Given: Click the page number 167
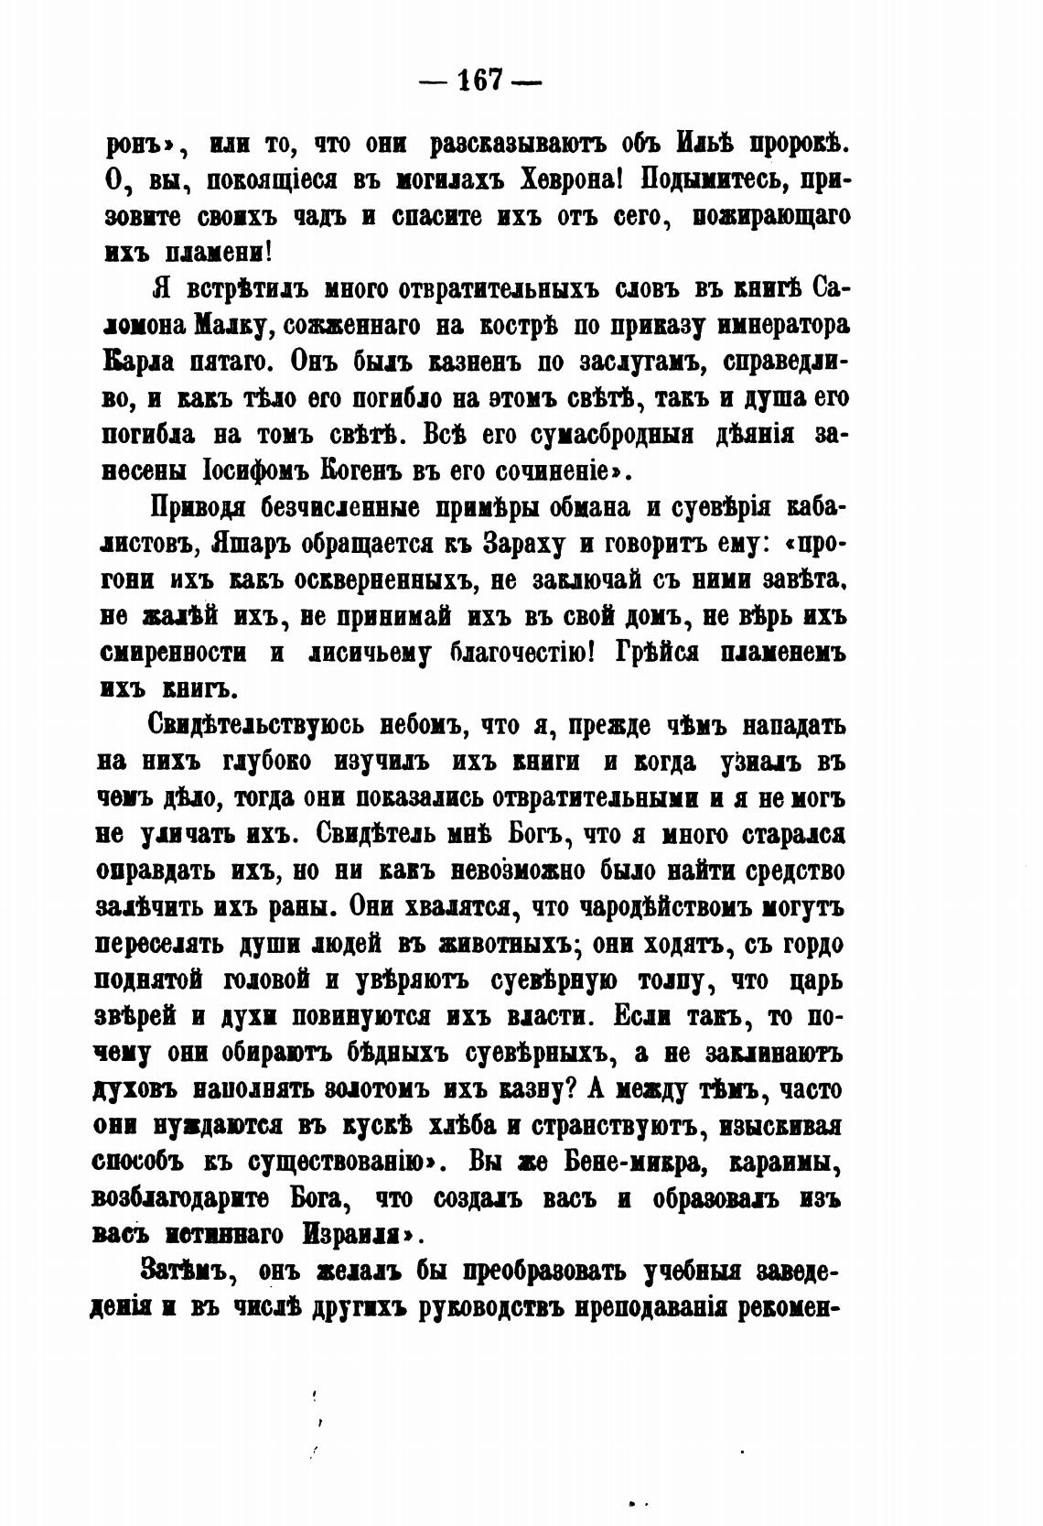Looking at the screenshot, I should point(479,80).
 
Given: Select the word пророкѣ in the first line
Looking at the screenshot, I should point(799,145).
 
